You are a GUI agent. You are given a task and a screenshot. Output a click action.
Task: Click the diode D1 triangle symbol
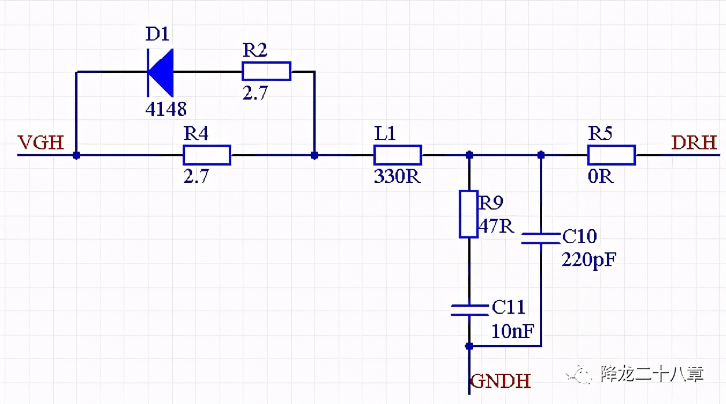point(161,72)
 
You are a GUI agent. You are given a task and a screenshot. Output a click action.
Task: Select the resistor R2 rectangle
point(266,71)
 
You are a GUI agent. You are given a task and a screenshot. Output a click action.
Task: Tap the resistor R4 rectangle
point(207,155)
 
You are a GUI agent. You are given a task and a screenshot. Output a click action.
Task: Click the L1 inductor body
point(398,155)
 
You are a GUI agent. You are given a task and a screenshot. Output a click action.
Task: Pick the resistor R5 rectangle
point(612,155)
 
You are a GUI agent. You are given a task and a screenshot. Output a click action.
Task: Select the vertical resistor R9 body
point(469,214)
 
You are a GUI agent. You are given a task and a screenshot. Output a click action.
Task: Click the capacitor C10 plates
point(541,238)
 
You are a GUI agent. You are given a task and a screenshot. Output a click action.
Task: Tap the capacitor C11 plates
point(469,310)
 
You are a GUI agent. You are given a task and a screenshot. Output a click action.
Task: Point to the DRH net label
point(694,142)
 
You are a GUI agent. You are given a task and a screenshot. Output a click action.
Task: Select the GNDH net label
point(501,381)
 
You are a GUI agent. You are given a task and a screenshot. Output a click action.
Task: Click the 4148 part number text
point(166,108)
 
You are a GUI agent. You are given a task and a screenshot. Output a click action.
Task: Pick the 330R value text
point(397,177)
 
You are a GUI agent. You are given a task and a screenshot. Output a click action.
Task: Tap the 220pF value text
point(589,260)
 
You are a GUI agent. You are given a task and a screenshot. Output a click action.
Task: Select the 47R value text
point(496,225)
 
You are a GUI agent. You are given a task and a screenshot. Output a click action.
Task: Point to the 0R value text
point(601,177)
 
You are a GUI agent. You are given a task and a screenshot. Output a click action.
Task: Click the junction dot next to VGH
point(76,155)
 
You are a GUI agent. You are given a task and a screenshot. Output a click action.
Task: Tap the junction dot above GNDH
point(469,346)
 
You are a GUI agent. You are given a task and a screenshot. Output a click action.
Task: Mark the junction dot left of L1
point(314,155)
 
